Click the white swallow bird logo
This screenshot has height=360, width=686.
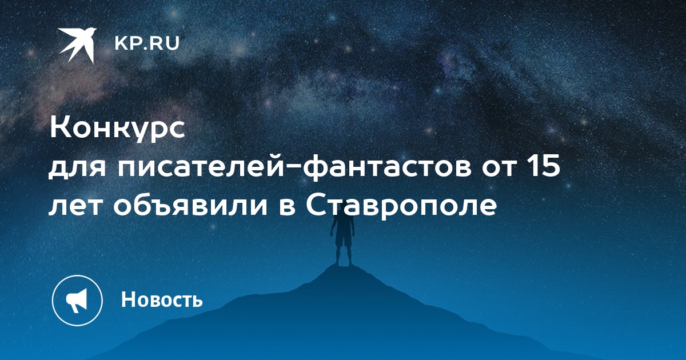coord(77,45)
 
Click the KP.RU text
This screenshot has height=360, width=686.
coord(147,44)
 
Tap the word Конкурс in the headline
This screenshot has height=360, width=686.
coord(118,129)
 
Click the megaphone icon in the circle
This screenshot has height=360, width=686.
coord(77,300)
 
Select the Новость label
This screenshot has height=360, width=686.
coord(162,299)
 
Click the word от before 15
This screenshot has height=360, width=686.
coord(499,169)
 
